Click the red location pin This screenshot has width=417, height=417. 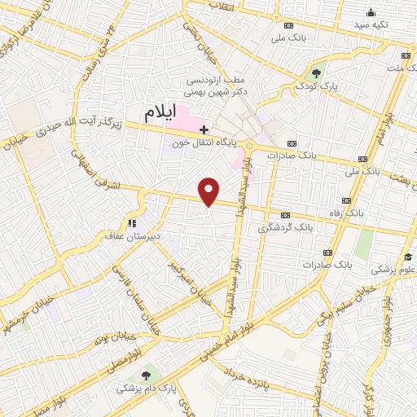point(209,191)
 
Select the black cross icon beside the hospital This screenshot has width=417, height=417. point(204,129)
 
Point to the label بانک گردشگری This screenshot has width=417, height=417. point(285,227)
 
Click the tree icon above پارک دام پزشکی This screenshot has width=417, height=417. point(146,375)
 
